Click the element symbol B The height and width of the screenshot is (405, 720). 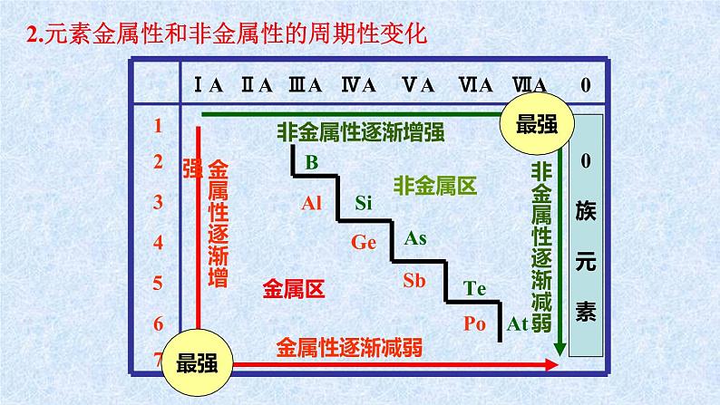pyautogui.click(x=311, y=164)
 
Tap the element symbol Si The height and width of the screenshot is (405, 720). pyautogui.click(x=363, y=202)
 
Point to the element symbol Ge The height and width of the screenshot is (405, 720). pyautogui.click(x=364, y=242)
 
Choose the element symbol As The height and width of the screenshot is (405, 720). pyautogui.click(x=414, y=239)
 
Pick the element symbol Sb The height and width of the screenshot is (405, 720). pyautogui.click(x=414, y=280)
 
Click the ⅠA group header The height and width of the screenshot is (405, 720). pyautogui.click(x=209, y=85)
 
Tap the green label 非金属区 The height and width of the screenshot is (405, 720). pyautogui.click(x=435, y=187)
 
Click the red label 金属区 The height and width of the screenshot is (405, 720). pyautogui.click(x=294, y=289)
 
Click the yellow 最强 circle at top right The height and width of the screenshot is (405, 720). pyautogui.click(x=534, y=125)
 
